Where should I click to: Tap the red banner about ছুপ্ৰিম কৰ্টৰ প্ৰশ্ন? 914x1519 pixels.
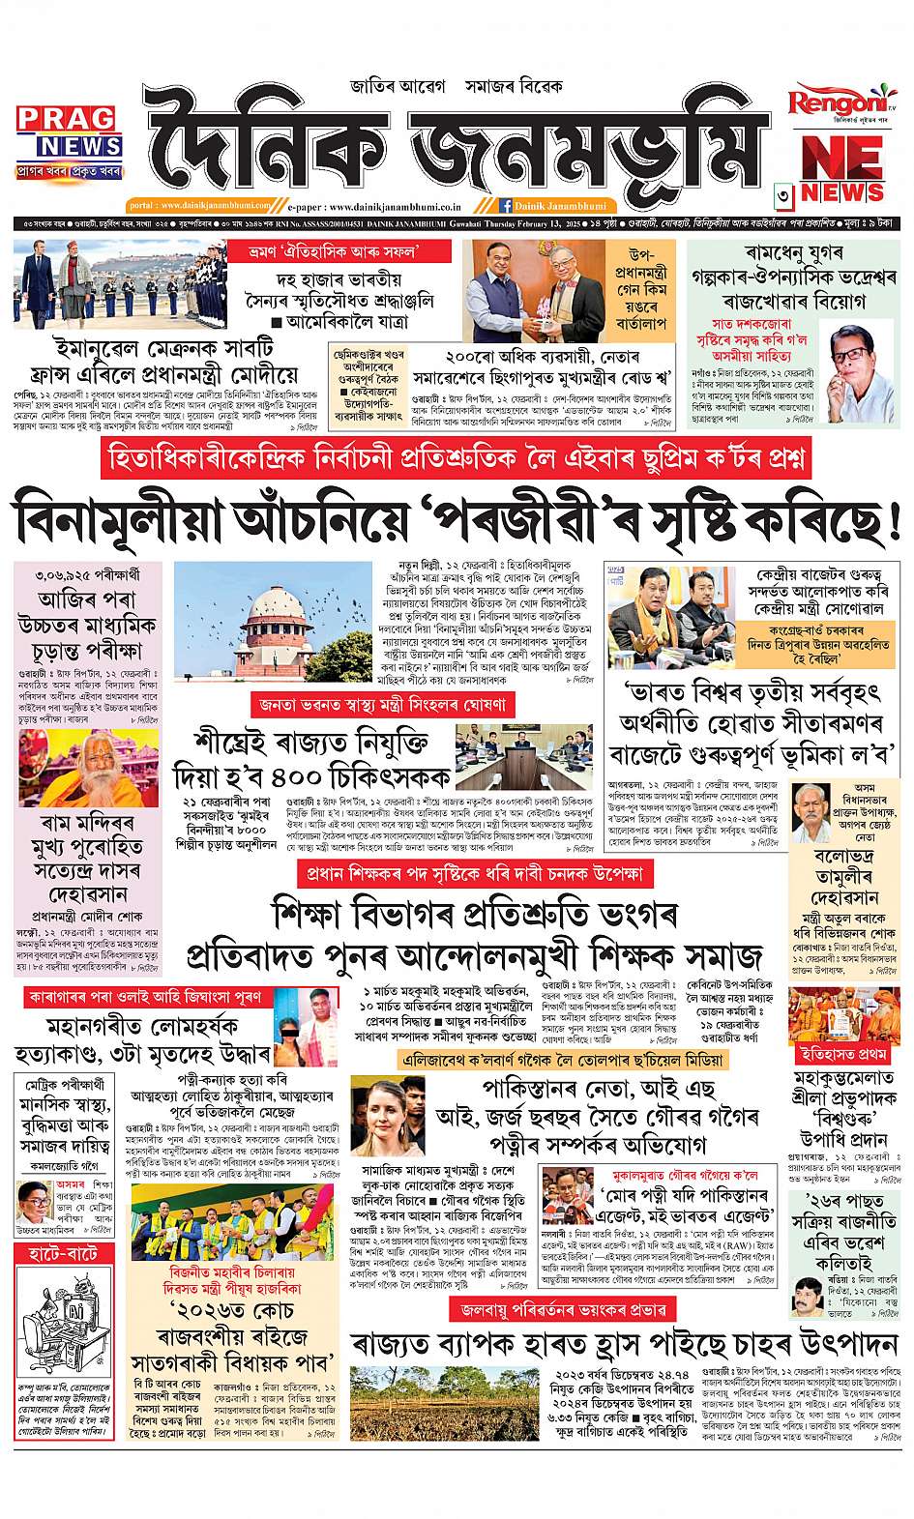point(457,458)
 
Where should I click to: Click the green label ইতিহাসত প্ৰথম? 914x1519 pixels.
point(838,1051)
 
